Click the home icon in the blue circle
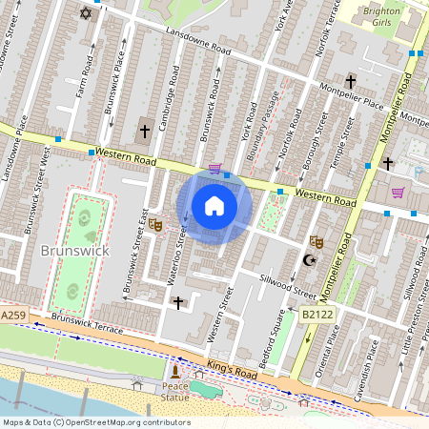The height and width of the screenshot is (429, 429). (x=214, y=206)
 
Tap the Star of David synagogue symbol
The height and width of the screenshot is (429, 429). (x=87, y=13)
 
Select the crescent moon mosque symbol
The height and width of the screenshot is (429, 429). (x=308, y=260)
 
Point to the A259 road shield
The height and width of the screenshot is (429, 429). (x=13, y=315)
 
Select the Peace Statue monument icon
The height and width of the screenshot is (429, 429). (x=174, y=373)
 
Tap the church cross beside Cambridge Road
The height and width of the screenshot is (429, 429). (x=145, y=130)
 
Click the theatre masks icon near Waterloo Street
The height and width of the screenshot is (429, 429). (x=154, y=224)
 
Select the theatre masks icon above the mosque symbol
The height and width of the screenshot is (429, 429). (x=316, y=243)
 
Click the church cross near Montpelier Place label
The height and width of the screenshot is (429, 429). (x=351, y=82)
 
